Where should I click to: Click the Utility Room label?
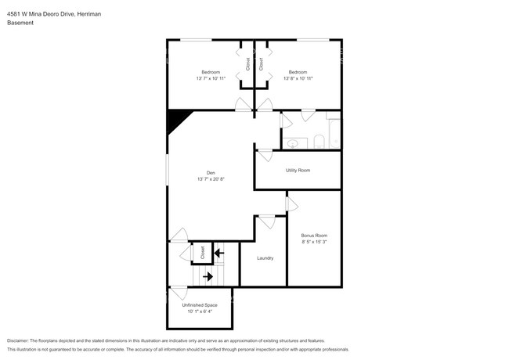point(298,171)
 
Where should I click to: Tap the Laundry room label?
point(265,258)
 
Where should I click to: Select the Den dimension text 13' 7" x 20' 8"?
point(211,179)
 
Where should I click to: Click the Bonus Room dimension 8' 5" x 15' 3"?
point(314,242)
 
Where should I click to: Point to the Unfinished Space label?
point(200,305)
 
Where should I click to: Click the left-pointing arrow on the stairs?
point(219,253)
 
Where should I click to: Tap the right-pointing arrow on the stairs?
point(208,276)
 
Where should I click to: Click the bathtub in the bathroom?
point(335,134)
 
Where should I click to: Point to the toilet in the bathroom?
point(319,142)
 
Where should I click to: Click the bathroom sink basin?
point(293,143)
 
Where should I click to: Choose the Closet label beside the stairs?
point(203,252)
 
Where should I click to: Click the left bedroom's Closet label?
point(248,64)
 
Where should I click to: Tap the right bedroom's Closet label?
point(261,64)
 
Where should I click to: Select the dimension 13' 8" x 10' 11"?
point(298,78)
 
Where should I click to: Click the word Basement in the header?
point(20,23)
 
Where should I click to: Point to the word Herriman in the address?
point(89,14)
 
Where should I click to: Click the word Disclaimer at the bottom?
point(18,341)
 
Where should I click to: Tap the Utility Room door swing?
point(265,155)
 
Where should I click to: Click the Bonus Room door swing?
point(292,204)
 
